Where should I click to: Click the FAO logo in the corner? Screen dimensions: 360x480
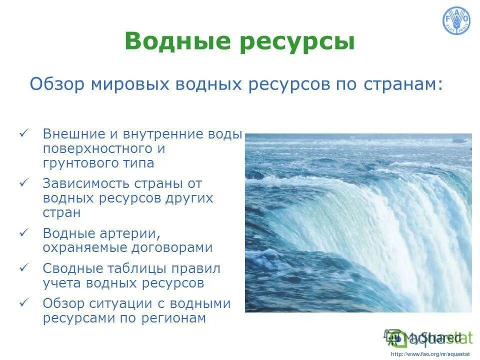[456, 21]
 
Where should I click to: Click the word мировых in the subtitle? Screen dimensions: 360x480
[129, 84]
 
